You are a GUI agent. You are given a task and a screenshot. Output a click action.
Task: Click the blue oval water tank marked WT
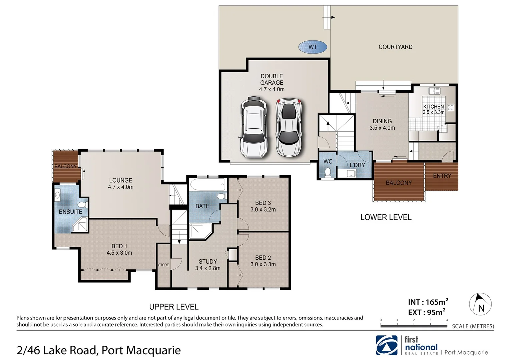point(313,47)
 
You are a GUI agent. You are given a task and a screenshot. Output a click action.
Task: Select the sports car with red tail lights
point(289,127)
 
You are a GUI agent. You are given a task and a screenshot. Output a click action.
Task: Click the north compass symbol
point(480,304)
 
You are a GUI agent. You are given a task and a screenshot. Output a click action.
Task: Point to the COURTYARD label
point(395,47)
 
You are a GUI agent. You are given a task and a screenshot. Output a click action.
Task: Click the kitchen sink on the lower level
point(435,91)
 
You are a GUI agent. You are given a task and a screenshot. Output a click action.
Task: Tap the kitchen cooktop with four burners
point(451,107)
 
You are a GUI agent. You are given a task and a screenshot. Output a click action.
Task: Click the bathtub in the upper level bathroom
point(207,184)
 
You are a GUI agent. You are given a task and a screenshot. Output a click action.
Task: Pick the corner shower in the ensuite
point(80,225)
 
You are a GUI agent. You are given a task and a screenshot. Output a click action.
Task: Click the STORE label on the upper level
point(163,265)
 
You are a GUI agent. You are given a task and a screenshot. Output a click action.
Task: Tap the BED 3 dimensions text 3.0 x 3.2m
point(263,210)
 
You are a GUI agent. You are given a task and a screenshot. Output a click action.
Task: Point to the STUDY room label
point(208,262)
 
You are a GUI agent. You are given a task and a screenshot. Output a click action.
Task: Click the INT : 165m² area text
point(428,302)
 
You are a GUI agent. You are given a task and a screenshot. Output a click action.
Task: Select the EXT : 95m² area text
point(427,312)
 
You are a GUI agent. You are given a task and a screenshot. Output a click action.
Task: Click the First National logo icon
point(387,345)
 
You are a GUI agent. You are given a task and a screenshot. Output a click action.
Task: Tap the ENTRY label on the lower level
point(442,176)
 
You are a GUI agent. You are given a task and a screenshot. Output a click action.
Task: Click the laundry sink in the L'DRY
point(351,173)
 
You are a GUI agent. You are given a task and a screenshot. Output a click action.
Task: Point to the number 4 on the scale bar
point(447,320)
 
